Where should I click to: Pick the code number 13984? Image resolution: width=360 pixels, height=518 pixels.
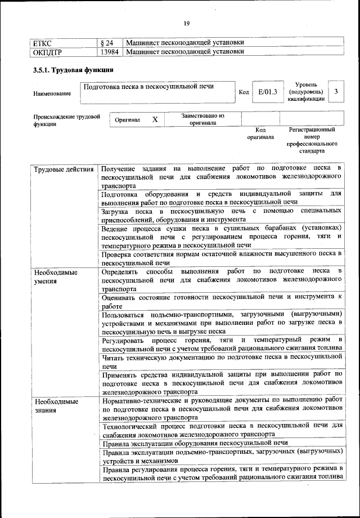pos(110,52)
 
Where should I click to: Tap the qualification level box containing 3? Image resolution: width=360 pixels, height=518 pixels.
pos(336,91)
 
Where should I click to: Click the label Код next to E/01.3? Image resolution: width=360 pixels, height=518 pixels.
pos(244,92)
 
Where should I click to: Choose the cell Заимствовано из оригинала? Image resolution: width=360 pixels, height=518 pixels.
pos(202,119)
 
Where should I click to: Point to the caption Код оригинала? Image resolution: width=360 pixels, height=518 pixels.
pos(260,133)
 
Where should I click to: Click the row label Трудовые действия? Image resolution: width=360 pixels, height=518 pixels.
pos(64,169)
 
